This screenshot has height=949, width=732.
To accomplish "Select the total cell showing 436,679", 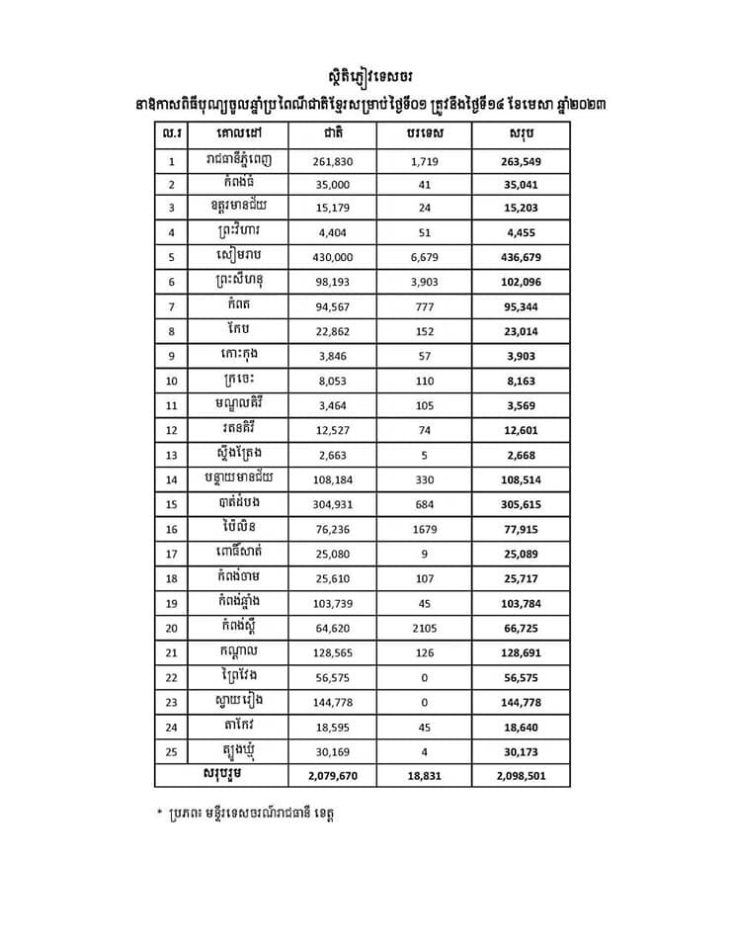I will [520, 257].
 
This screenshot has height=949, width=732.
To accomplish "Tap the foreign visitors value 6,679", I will [421, 257].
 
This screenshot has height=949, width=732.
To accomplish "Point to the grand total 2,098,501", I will [520, 776].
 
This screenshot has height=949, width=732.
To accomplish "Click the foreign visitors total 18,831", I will [421, 776].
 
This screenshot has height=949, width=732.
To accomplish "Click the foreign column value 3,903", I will [421, 281].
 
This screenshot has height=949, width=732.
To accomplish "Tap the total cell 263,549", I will [520, 161].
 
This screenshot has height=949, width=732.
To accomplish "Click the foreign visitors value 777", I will [421, 305].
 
